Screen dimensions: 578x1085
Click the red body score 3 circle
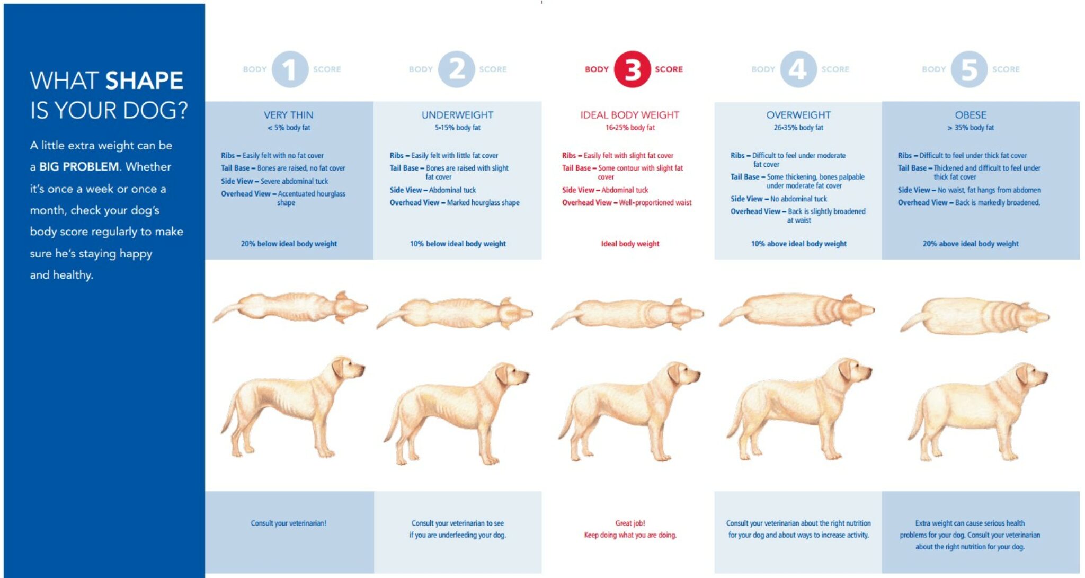point(632,69)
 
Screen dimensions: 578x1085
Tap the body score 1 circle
point(290,69)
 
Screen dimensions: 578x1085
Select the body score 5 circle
point(969,69)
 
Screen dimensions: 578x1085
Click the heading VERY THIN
point(289,115)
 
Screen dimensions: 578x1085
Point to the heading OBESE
point(971,115)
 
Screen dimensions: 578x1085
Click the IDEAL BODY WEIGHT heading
point(629,115)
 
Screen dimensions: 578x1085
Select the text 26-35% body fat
point(798,128)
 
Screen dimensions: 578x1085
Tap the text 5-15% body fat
point(458,128)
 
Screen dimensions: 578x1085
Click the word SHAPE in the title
point(144,81)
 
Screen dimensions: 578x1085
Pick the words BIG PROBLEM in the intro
point(79,167)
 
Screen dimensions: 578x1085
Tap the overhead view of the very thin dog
point(290,307)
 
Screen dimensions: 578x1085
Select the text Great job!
point(630,523)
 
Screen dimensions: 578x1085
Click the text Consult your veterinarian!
point(289,523)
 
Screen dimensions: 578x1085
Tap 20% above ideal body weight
point(971,244)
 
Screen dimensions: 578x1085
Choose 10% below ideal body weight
point(458,244)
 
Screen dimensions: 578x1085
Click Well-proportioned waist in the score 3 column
point(655,202)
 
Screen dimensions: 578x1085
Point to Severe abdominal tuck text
point(294,181)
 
